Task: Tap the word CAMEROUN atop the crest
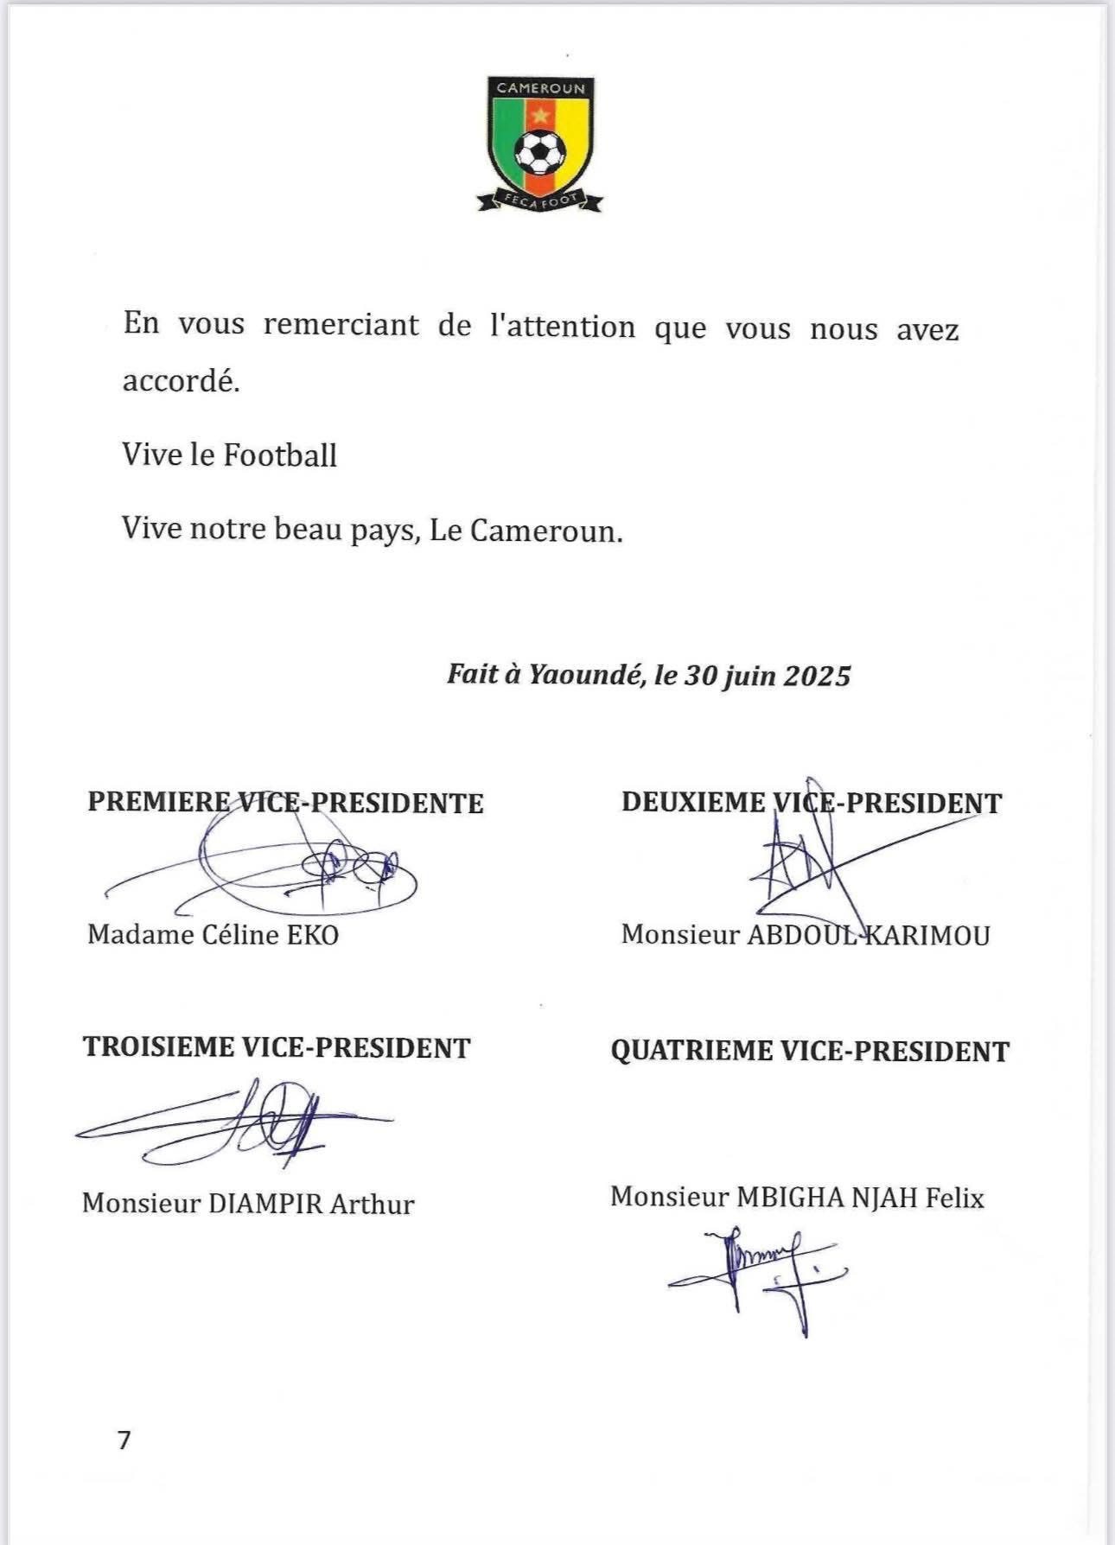point(540,88)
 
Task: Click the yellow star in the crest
point(541,113)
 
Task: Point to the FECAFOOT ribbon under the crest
point(540,201)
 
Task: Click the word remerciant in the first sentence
point(341,325)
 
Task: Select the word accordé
point(180,380)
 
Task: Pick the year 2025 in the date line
point(817,676)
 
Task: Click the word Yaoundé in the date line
point(585,675)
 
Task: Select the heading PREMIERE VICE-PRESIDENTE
point(285,802)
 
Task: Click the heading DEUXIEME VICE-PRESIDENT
point(811,802)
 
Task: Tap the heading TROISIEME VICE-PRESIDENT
point(277,1047)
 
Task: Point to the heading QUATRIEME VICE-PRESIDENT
point(810,1051)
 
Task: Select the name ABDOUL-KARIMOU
point(868,935)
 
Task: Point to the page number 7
point(124,1440)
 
